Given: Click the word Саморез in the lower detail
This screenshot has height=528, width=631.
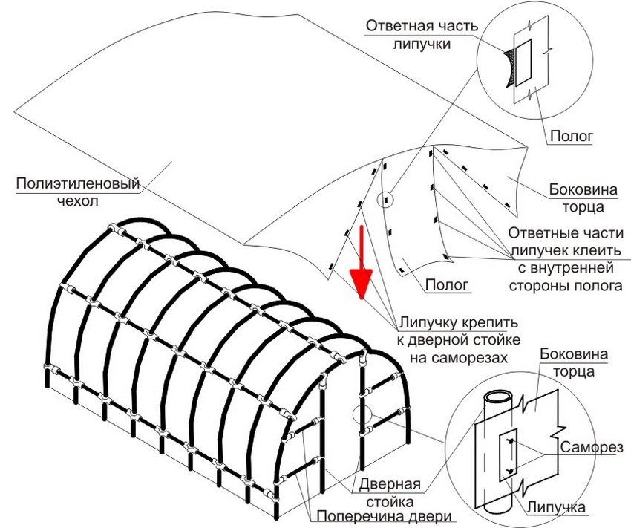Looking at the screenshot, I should pyautogui.click(x=591, y=449).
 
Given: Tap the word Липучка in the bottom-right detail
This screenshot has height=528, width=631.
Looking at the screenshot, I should pyautogui.click(x=558, y=506).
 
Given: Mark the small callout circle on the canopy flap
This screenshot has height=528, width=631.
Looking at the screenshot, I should pyautogui.click(x=387, y=200).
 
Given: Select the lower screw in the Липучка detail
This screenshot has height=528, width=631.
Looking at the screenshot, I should pyautogui.click(x=510, y=471).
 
